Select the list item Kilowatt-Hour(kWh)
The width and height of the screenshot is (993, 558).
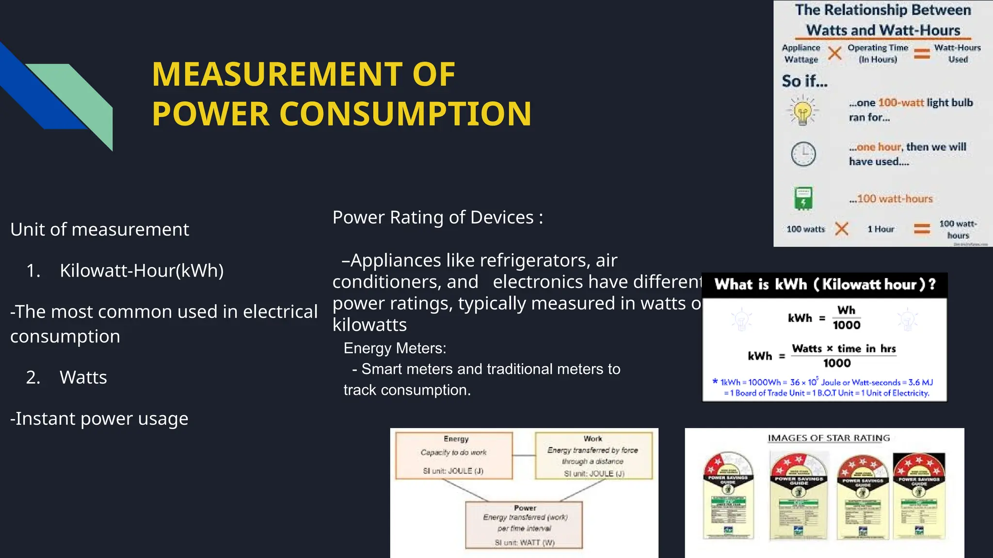coord(142,270)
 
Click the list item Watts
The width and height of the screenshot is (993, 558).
coord(83,377)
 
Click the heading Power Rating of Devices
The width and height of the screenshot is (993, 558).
coord(437,217)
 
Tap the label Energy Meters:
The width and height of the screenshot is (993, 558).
coord(395,348)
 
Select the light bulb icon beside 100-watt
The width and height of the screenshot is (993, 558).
coord(803,111)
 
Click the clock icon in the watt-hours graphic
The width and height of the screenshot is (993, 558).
coord(803,155)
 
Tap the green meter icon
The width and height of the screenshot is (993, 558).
coord(803,198)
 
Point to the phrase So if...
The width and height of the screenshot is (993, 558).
coord(804,81)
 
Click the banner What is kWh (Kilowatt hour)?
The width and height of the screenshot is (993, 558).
coord(824,285)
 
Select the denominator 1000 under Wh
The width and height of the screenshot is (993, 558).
coord(846,325)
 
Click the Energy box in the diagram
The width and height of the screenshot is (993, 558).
coord(454,455)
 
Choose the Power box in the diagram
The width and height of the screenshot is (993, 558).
coord(524,525)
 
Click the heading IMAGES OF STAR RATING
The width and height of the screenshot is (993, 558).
coord(829,438)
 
